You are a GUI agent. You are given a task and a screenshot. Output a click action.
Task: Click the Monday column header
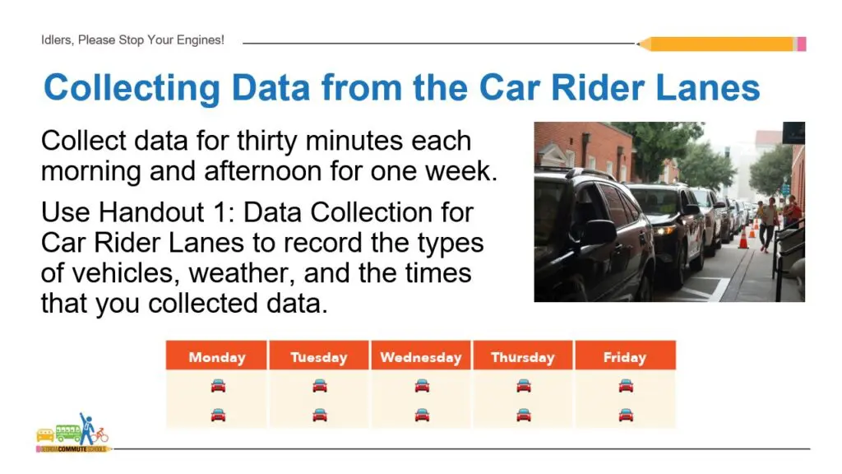217,357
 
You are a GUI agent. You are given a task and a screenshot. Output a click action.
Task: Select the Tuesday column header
319,357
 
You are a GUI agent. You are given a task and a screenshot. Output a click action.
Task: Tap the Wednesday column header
421,357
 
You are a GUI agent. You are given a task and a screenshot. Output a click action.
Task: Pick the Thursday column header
523,357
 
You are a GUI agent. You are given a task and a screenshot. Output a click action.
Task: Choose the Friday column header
625,357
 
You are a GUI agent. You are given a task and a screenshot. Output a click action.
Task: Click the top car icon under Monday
218,385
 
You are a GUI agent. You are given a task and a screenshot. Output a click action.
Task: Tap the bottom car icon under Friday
626,414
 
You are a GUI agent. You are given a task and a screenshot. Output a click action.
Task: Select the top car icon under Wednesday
422,385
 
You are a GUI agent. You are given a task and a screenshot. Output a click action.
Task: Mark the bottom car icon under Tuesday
320,414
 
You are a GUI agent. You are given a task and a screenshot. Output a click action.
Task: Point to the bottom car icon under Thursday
524,414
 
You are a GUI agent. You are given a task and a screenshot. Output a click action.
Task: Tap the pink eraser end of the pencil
801,44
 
